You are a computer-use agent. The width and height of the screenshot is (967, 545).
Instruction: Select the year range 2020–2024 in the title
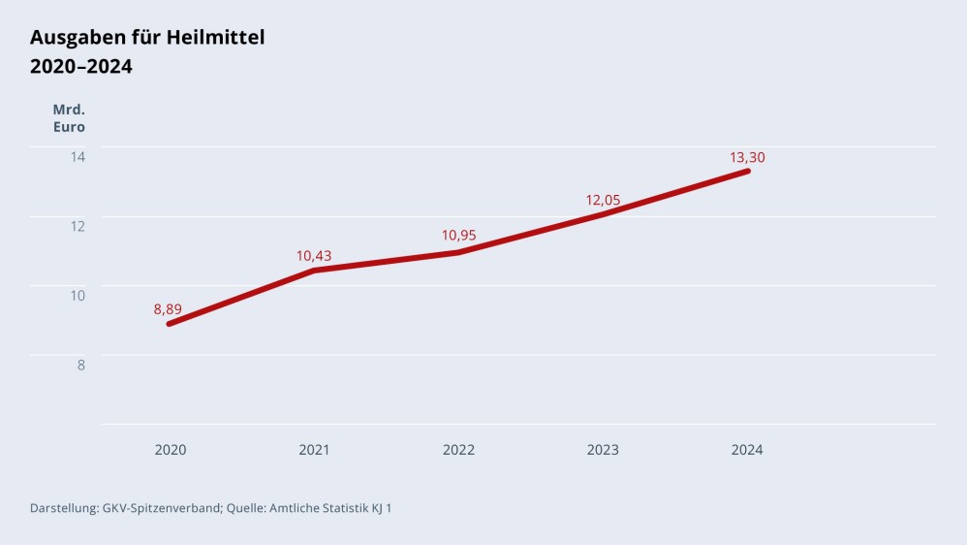81,67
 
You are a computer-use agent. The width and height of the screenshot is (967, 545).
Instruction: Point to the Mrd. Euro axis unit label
69,118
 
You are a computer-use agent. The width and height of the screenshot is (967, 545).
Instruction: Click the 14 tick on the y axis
78,156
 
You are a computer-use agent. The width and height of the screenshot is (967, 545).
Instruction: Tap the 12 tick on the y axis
78,226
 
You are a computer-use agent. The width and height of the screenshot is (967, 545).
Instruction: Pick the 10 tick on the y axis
78,295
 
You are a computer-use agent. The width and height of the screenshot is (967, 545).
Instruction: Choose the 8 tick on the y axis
81,365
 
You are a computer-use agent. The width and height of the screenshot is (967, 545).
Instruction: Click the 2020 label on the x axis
171,450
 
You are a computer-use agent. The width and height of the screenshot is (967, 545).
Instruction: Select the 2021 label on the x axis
314,450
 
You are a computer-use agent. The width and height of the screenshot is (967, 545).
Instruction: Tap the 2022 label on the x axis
458,450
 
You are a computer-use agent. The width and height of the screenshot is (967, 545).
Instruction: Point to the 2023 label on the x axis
603,450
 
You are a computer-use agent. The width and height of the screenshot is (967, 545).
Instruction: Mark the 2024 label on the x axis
747,450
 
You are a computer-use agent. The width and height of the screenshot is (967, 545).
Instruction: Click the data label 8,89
168,309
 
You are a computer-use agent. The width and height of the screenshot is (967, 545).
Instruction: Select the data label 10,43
313,256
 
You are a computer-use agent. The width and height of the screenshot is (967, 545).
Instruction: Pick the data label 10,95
458,235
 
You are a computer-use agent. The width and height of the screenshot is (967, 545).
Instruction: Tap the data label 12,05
603,200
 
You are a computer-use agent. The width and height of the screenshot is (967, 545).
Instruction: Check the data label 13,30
747,157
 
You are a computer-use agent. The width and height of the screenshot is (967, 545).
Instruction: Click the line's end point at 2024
747,172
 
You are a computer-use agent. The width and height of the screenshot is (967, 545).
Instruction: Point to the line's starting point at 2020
170,324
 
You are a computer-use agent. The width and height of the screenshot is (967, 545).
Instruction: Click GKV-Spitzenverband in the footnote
162,508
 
